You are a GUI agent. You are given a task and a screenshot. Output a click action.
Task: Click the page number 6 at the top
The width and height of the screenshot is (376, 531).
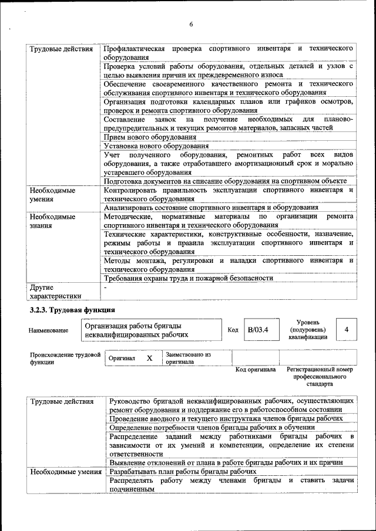coord(192,24)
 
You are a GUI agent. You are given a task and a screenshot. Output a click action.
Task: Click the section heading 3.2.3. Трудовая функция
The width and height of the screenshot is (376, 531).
coord(72,309)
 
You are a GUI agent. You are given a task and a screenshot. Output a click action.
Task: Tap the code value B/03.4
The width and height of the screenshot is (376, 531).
coord(257,330)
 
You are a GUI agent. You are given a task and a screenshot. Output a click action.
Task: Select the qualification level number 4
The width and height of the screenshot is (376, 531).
coord(347,330)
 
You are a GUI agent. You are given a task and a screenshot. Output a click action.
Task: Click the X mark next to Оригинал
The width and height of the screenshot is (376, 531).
coord(149,358)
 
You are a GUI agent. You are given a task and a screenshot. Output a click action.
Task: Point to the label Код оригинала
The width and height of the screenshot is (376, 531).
coord(255,370)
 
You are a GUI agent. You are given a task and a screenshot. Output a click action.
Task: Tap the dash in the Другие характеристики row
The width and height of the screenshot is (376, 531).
coord(106,288)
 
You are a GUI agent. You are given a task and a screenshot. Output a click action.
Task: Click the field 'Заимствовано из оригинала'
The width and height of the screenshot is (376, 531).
coord(188,358)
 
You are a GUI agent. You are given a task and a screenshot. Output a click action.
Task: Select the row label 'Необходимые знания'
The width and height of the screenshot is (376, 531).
coord(52,221)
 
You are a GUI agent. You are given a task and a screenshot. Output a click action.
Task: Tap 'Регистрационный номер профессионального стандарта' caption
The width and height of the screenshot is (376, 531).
coord(320,377)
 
